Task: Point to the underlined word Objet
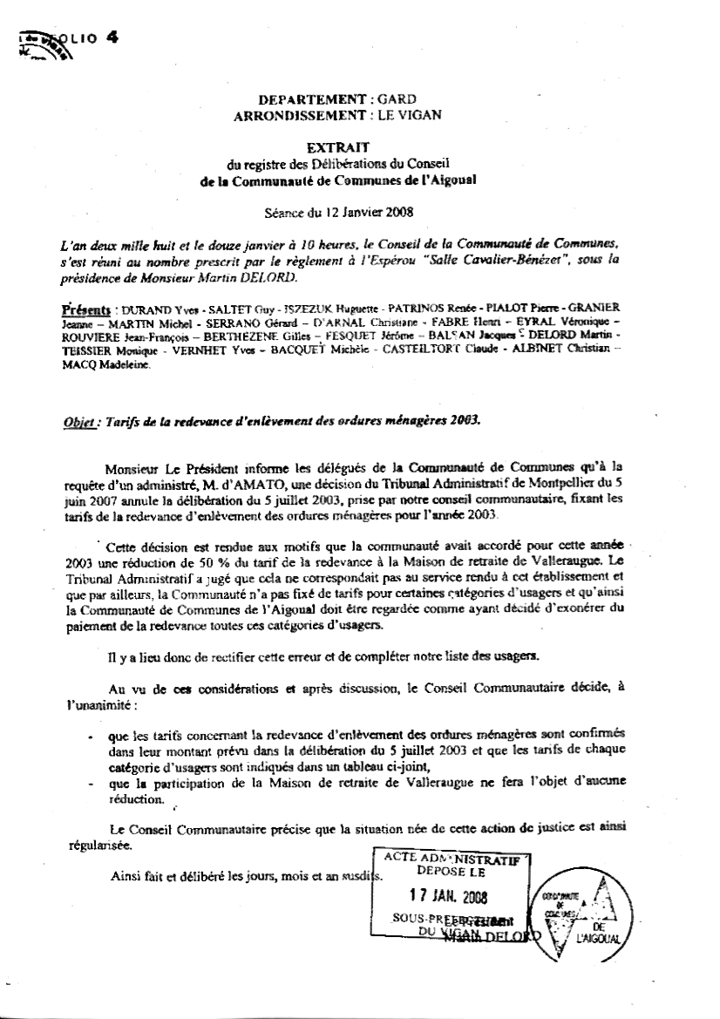coord(78,418)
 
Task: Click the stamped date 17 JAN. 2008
coord(448,899)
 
